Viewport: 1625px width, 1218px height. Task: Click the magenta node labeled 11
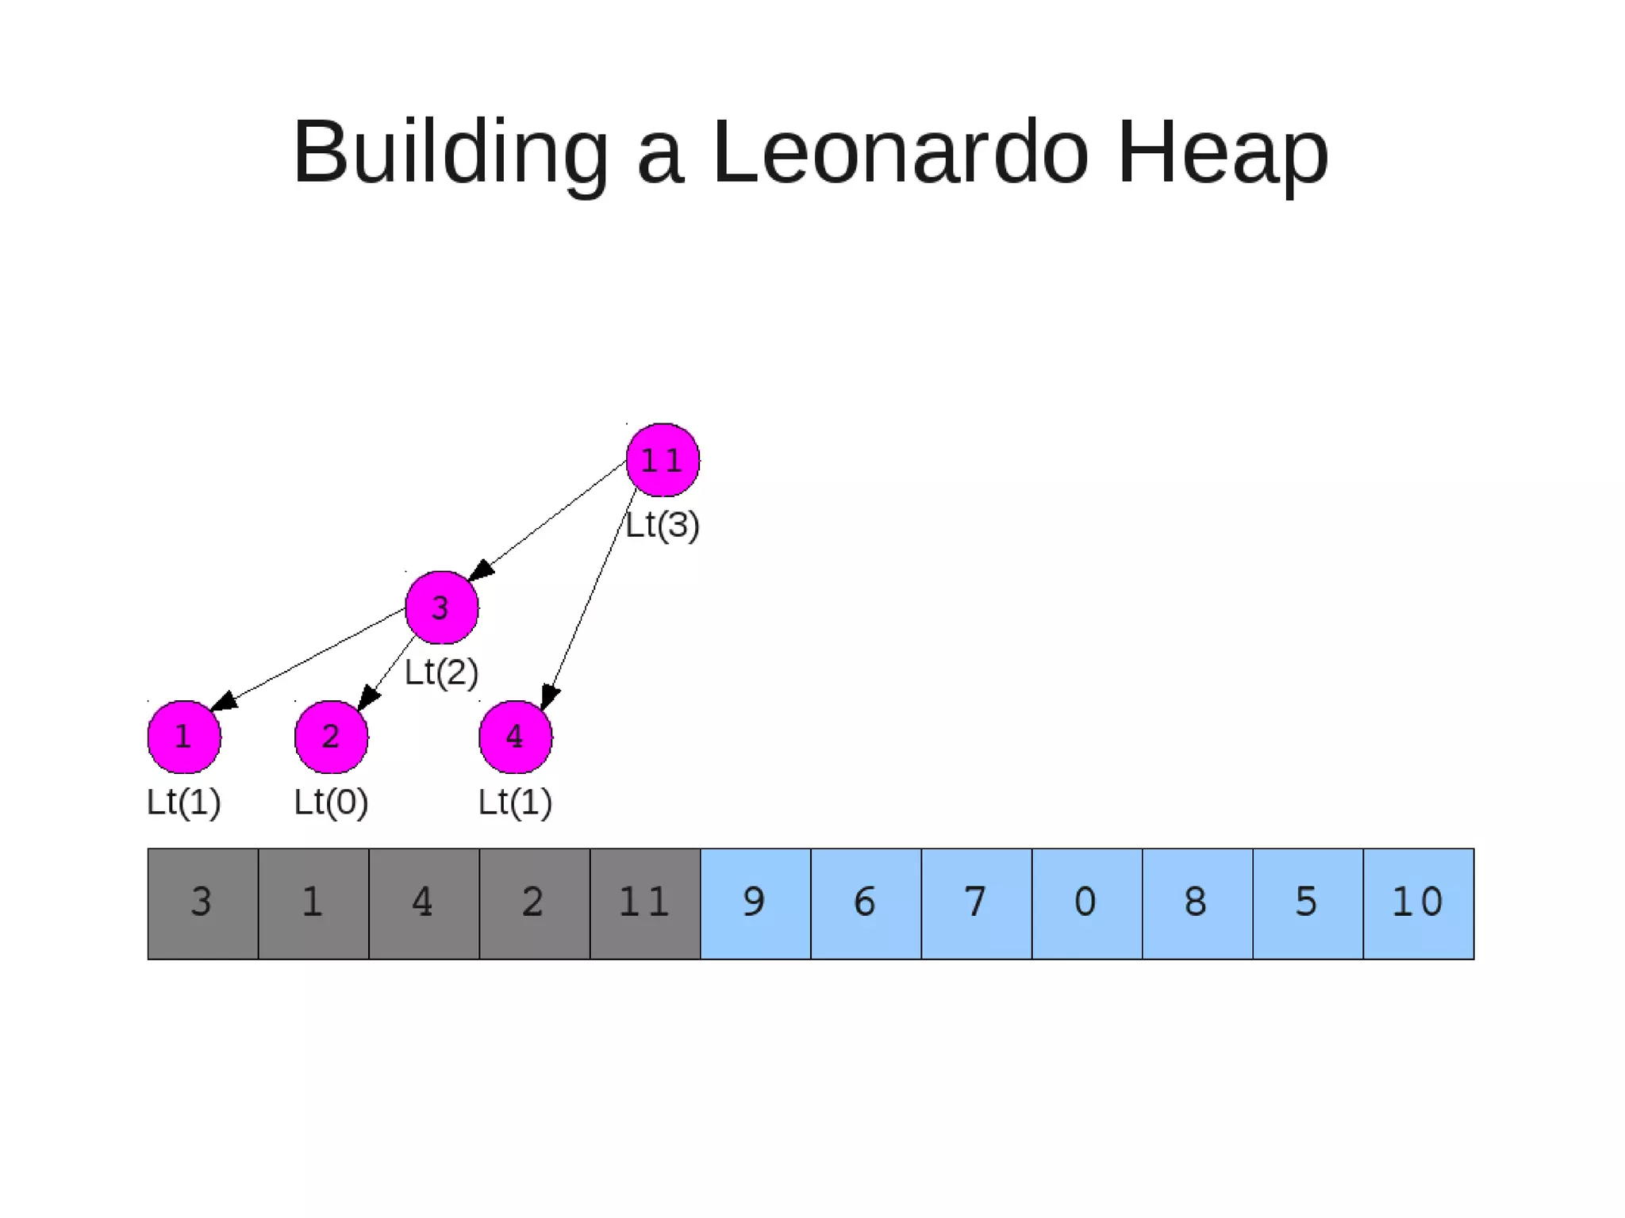663,460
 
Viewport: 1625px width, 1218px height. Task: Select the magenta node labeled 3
441,607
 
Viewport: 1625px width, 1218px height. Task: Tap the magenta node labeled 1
184,737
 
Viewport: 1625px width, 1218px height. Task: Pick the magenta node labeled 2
331,737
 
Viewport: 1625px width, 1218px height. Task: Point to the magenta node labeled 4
515,737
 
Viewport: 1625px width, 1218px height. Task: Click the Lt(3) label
663,525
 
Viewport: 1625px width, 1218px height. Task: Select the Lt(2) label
441,672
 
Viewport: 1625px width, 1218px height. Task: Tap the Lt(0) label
331,802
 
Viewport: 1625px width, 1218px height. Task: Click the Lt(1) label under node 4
515,802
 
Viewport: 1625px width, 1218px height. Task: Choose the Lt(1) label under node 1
184,802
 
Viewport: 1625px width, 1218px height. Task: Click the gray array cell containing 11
645,903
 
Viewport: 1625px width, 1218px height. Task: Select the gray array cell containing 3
202,903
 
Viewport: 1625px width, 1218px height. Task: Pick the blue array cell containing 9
755,903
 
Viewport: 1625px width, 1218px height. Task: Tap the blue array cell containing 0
1087,903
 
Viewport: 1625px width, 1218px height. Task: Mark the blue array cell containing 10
1419,903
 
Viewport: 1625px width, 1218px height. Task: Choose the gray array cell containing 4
424,903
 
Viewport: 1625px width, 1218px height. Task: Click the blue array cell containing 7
977,903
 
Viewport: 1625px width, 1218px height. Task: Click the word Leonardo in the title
900,151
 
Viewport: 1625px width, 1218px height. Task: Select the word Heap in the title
1222,151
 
